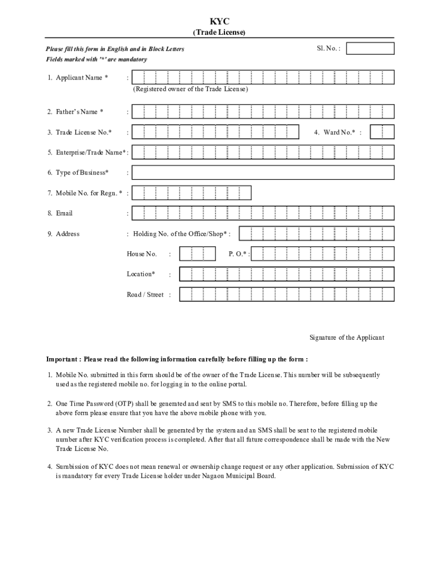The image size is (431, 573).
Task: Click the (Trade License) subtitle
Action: click(x=219, y=32)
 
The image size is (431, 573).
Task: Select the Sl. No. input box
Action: click(x=370, y=49)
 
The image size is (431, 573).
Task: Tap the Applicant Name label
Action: click(x=78, y=78)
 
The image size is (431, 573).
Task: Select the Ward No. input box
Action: click(x=382, y=132)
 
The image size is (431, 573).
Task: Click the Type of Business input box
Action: click(x=263, y=172)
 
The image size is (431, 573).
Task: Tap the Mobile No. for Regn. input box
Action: click(x=191, y=193)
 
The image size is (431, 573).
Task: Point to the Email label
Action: click(x=64, y=213)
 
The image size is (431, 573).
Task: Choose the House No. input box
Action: click(x=197, y=254)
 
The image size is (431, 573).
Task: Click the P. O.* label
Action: click(x=238, y=254)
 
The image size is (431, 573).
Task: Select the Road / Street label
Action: click(x=145, y=294)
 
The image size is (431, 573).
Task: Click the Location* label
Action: click(x=140, y=274)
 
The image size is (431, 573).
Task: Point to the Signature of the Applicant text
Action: click(x=347, y=337)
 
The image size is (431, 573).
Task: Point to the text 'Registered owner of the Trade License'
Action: click(x=190, y=89)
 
